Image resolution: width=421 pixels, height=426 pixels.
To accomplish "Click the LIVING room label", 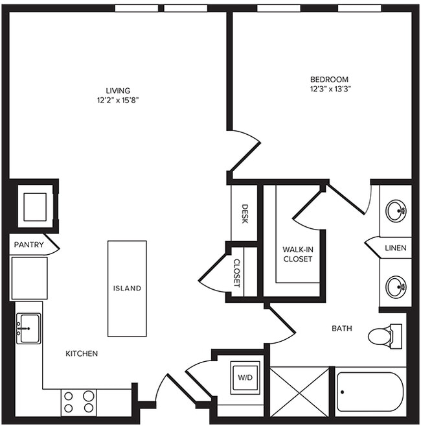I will coord(118,90).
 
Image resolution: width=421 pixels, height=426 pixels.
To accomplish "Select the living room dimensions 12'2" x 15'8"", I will coord(118,101).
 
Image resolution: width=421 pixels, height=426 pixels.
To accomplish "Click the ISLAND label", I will coord(127,289).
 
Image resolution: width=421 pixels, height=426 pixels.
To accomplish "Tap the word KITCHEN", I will coord(82,353).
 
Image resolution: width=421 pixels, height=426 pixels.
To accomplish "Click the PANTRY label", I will coord(29,244).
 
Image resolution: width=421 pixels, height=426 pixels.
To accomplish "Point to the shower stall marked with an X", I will coord(300,391).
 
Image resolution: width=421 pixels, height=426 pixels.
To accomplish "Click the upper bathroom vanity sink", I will coord(396,210).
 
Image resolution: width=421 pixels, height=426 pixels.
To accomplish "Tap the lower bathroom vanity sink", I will coord(396,286).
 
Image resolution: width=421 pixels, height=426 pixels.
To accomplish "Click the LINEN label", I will coord(395,248).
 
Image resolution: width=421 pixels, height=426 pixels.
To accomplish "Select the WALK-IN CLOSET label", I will coord(297,254).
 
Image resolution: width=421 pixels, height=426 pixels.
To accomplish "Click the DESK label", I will coord(245,214).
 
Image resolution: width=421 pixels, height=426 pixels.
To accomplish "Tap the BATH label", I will coord(342,329).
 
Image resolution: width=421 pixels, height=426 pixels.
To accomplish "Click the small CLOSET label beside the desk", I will coord(237,273).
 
